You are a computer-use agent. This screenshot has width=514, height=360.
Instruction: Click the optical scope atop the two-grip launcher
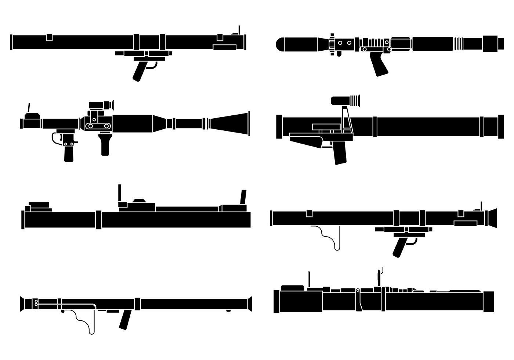(x=101, y=105)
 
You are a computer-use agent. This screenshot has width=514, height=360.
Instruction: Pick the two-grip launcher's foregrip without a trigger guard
(x=105, y=144)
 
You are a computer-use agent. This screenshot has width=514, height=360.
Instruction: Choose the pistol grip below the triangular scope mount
(x=340, y=153)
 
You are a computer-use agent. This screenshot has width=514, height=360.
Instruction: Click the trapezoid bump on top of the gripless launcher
(x=139, y=201)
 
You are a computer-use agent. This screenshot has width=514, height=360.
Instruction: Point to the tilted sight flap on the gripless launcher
(x=243, y=197)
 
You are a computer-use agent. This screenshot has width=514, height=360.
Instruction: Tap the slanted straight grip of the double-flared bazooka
(x=125, y=319)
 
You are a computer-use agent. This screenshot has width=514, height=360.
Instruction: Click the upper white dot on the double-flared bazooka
(x=36, y=301)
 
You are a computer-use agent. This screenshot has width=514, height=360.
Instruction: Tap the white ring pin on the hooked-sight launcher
(x=358, y=291)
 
